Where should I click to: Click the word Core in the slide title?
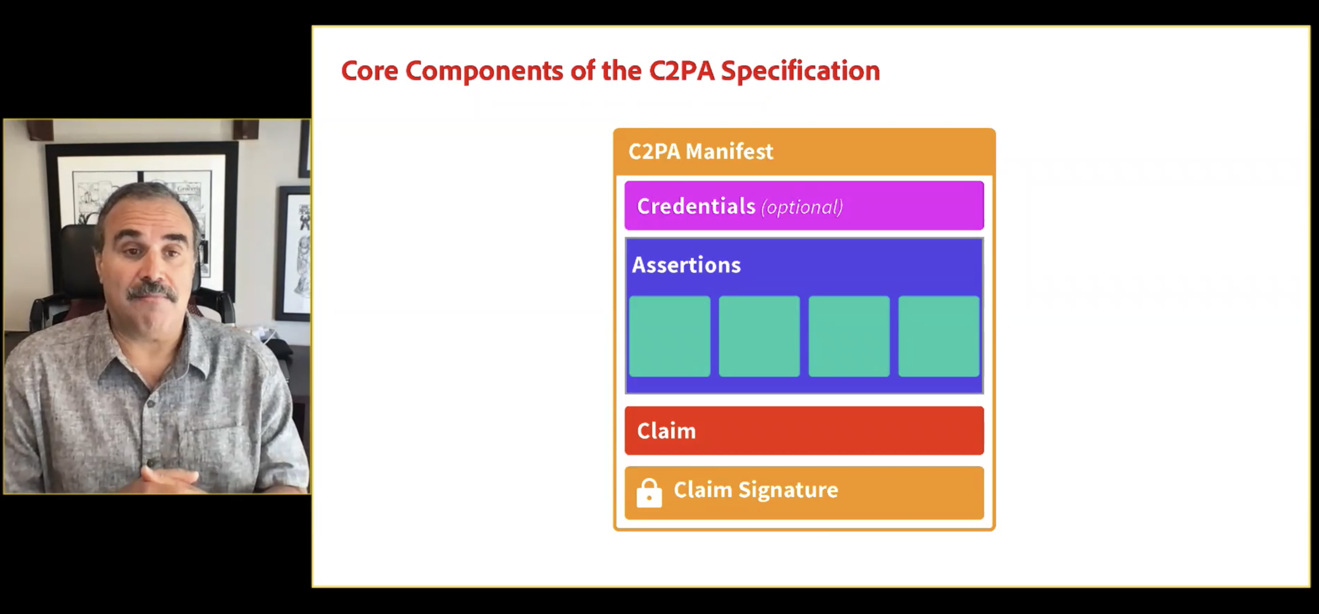pos(369,71)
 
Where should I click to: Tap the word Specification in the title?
pos(800,71)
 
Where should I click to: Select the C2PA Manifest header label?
pos(700,152)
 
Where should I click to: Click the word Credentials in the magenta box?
pos(696,206)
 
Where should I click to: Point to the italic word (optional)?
pos(802,207)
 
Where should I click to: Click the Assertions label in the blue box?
pos(686,265)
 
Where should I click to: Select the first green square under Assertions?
pos(670,336)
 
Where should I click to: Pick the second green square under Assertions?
pos(759,336)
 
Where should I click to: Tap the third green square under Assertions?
pos(849,336)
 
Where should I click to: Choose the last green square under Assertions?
pos(939,336)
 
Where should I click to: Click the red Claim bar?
pos(804,430)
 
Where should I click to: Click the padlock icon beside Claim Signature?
pos(649,493)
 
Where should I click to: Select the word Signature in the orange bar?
pos(788,490)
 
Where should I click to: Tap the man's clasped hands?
pos(169,477)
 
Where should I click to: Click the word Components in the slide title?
pos(484,71)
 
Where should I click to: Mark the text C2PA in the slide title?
pos(681,71)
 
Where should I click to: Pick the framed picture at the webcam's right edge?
pos(295,253)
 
